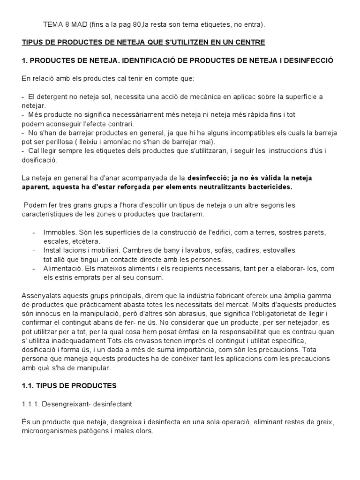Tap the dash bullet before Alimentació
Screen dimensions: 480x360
point(34,269)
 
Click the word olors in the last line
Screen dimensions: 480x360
point(143,431)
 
